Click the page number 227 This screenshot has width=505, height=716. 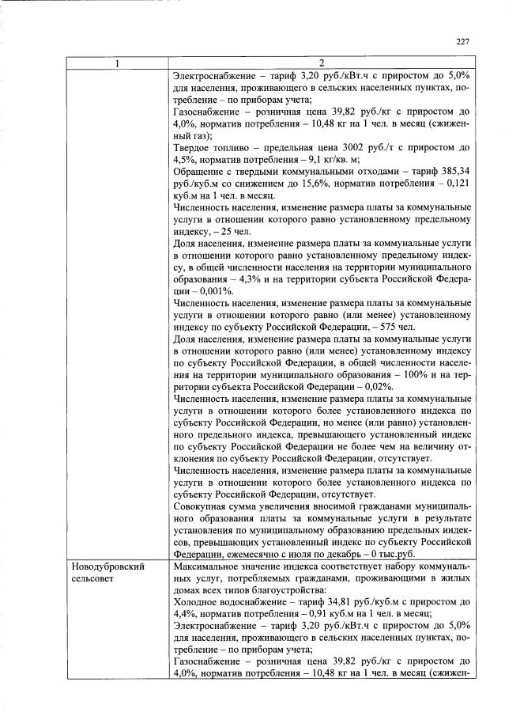(x=463, y=43)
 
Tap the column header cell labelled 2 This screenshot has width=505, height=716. (x=321, y=63)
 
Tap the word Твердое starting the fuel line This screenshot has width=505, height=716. (x=193, y=146)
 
